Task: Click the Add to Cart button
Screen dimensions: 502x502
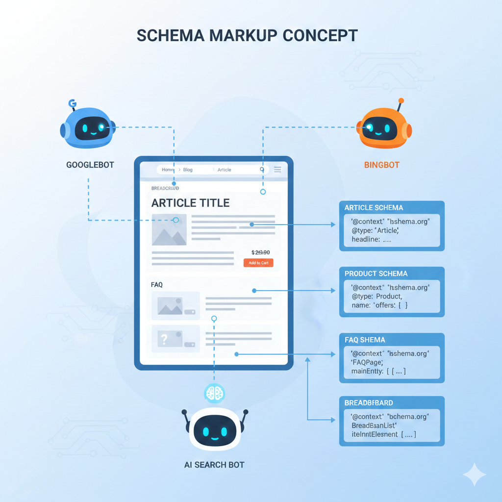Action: (258, 263)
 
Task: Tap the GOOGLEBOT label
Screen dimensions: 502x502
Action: (90, 165)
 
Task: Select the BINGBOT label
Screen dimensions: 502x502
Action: (382, 165)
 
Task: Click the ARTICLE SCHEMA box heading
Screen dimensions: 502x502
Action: (374, 208)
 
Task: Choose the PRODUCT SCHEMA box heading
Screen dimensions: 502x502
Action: (376, 274)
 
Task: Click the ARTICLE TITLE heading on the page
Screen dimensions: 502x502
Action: (190, 203)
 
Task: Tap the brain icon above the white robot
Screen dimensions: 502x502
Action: (214, 392)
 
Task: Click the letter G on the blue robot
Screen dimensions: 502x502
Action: (73, 103)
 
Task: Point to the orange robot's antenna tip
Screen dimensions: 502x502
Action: (402, 100)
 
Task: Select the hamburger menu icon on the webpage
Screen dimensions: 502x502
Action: (277, 170)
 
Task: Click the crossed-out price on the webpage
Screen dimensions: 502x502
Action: (260, 252)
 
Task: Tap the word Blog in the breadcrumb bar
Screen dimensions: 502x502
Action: (188, 170)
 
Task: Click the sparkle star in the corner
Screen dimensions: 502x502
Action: (475, 474)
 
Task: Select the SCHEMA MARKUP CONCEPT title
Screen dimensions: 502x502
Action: (247, 36)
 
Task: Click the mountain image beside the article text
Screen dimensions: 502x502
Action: (169, 229)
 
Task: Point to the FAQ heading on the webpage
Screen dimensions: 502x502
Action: (157, 284)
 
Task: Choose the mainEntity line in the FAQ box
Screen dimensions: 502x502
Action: (378, 371)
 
